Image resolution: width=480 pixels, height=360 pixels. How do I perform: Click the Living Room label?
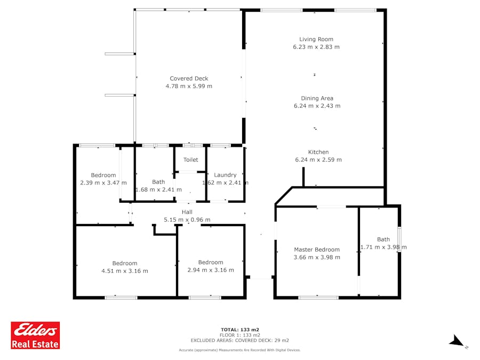(316, 39)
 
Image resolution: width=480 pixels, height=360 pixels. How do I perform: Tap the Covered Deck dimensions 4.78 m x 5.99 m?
(189, 86)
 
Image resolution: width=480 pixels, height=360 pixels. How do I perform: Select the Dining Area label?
(317, 98)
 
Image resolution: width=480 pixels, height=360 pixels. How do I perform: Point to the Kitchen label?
(318, 152)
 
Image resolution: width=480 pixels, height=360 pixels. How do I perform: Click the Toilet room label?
(191, 159)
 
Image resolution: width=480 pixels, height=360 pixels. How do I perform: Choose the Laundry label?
(225, 175)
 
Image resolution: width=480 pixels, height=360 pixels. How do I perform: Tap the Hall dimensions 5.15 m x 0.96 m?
(187, 220)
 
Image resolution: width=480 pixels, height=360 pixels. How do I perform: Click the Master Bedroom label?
(317, 250)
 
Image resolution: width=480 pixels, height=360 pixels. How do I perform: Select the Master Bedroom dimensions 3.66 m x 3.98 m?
(317, 258)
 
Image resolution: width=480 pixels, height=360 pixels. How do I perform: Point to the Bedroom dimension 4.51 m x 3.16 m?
(125, 271)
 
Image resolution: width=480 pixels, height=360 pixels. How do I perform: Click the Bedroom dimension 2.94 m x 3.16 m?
(211, 270)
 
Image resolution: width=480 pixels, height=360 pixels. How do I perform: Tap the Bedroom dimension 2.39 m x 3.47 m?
(103, 183)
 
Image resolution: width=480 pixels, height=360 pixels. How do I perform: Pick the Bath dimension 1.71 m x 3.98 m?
(383, 247)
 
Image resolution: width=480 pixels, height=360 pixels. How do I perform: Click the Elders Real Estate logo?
(35, 335)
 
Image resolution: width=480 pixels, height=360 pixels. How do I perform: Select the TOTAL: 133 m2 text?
(240, 330)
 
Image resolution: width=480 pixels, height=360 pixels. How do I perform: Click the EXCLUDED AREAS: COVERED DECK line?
(239, 340)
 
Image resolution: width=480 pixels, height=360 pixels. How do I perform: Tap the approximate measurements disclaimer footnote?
(239, 350)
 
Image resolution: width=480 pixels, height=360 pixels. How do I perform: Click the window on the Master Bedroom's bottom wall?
(318, 297)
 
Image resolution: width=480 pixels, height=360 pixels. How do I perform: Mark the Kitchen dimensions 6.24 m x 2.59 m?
(318, 160)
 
